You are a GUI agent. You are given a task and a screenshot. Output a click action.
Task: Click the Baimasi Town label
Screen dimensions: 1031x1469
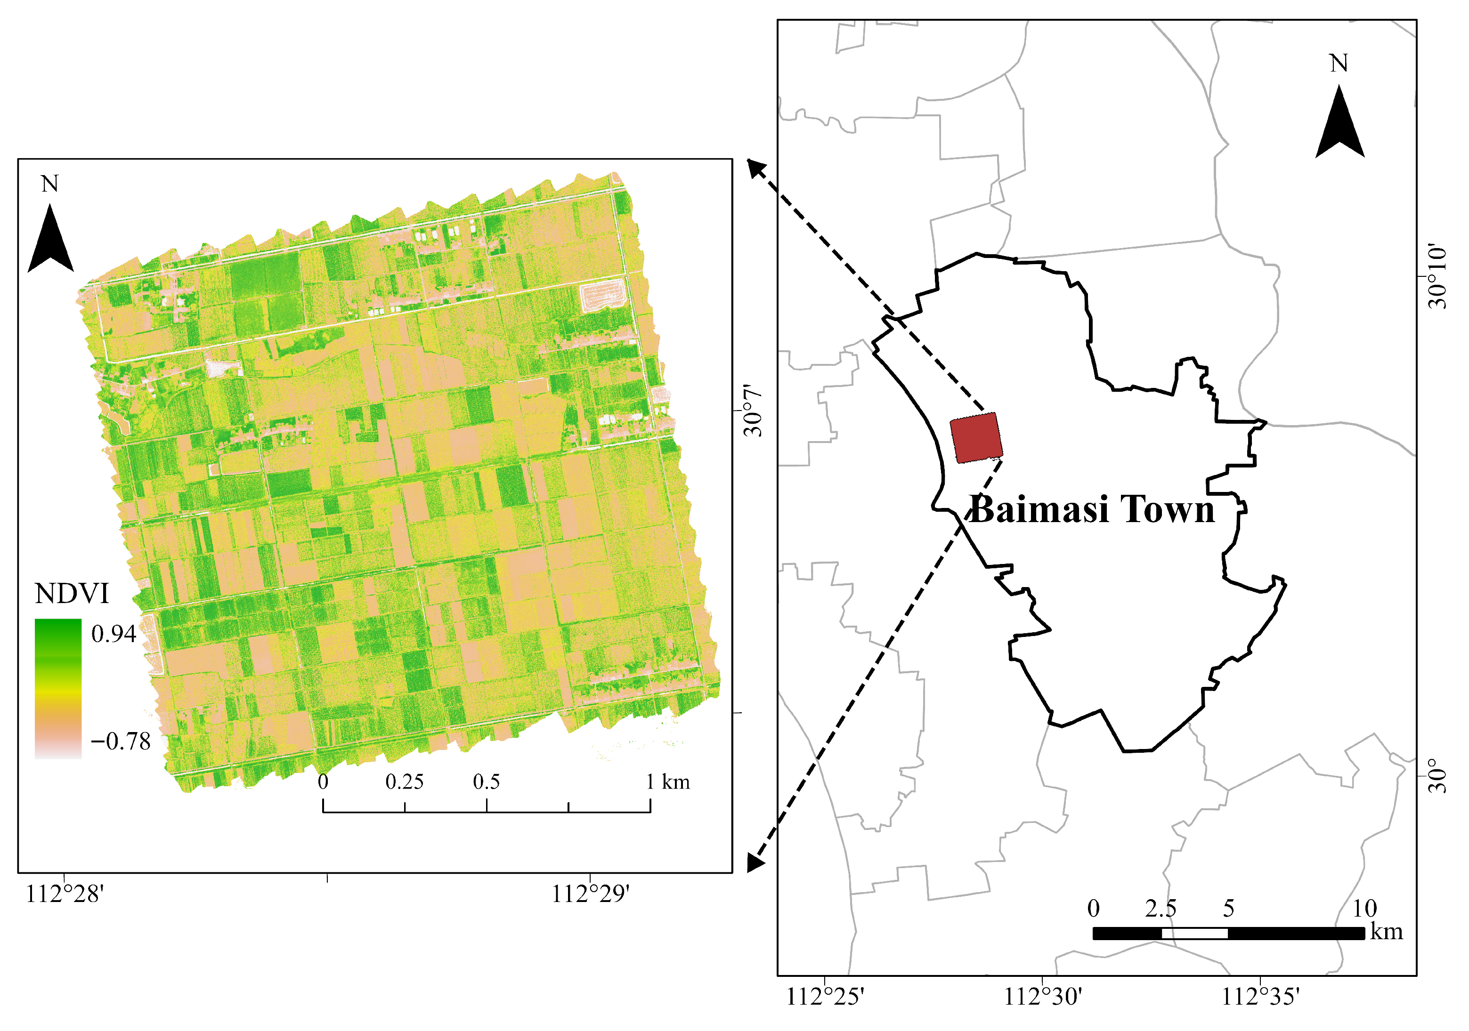click(1092, 510)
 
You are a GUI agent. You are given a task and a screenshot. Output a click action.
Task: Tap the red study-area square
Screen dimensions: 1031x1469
click(976, 437)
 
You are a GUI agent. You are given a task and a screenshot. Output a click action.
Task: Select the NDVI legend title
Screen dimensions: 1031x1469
click(72, 594)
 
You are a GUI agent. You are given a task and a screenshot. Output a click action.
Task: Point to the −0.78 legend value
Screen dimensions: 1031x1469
click(120, 741)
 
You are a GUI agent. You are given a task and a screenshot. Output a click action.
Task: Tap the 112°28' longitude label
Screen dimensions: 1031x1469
click(64, 894)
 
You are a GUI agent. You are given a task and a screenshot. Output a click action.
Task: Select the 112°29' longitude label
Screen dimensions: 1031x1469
click(591, 894)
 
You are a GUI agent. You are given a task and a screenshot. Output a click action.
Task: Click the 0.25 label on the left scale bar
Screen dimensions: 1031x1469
click(405, 781)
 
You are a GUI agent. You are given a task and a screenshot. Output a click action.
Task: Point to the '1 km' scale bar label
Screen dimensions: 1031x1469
click(667, 781)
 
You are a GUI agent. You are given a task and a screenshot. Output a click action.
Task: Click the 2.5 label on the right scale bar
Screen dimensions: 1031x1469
click(1161, 908)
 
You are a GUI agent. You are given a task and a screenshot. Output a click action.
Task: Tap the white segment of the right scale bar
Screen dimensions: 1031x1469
click(1194, 933)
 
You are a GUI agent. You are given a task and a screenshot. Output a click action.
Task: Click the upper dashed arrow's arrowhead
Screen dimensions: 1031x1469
click(757, 168)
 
